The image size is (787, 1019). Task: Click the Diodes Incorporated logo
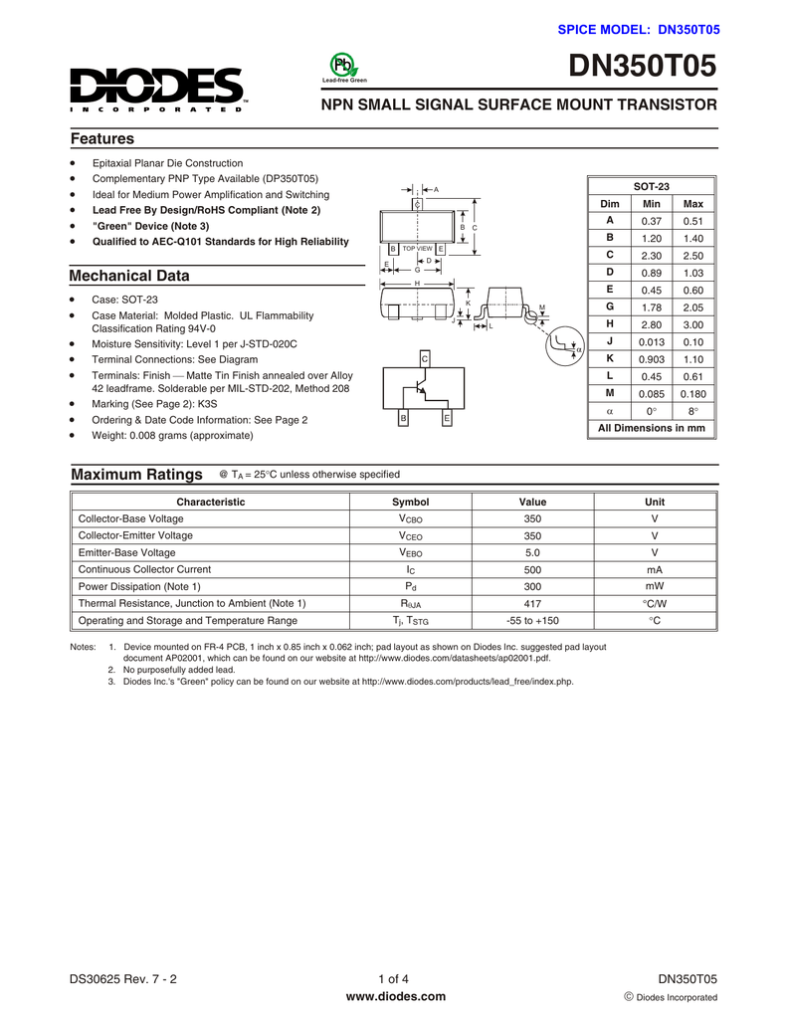[157, 91]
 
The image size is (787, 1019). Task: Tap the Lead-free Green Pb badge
[344, 67]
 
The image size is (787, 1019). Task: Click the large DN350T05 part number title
[642, 67]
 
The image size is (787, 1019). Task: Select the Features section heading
[101, 139]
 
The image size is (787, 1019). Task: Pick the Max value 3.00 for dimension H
[692, 324]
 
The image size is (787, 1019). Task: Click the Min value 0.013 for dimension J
[651, 341]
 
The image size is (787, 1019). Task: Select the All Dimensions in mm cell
[651, 428]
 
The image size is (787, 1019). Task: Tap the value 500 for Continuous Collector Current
[532, 569]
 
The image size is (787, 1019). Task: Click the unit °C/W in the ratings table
[654, 603]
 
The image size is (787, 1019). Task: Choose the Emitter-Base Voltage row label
[126, 552]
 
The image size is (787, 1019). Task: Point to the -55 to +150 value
[532, 620]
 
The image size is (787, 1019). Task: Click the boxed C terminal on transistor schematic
[424, 358]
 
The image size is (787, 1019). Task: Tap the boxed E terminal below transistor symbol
[447, 418]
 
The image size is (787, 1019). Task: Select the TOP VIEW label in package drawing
[417, 248]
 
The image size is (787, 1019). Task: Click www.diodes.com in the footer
[394, 997]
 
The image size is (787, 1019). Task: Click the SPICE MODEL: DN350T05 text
[638, 31]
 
